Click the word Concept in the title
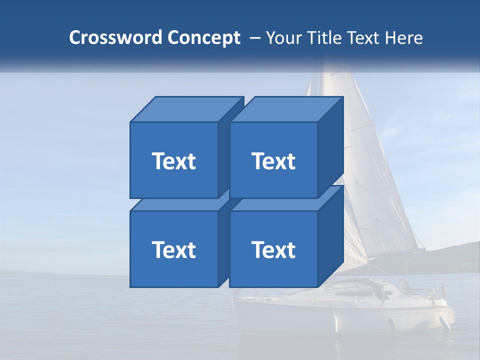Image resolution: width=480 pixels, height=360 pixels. pyautogui.click(x=203, y=37)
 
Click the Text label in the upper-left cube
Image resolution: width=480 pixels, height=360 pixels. pyautogui.click(x=173, y=161)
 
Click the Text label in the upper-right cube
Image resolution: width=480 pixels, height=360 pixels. pyautogui.click(x=273, y=161)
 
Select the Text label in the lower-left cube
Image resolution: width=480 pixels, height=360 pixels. pyautogui.click(x=173, y=249)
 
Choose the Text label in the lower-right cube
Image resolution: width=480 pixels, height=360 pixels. pyautogui.click(x=273, y=249)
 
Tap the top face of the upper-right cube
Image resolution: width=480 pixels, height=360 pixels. pyautogui.click(x=286, y=109)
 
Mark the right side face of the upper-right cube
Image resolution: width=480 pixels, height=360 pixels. pyautogui.click(x=330, y=145)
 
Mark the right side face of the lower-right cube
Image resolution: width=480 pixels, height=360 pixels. pyautogui.click(x=330, y=235)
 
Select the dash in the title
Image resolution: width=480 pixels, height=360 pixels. pyautogui.click(x=254, y=37)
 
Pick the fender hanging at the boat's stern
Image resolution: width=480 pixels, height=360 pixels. pyautogui.click(x=444, y=323)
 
